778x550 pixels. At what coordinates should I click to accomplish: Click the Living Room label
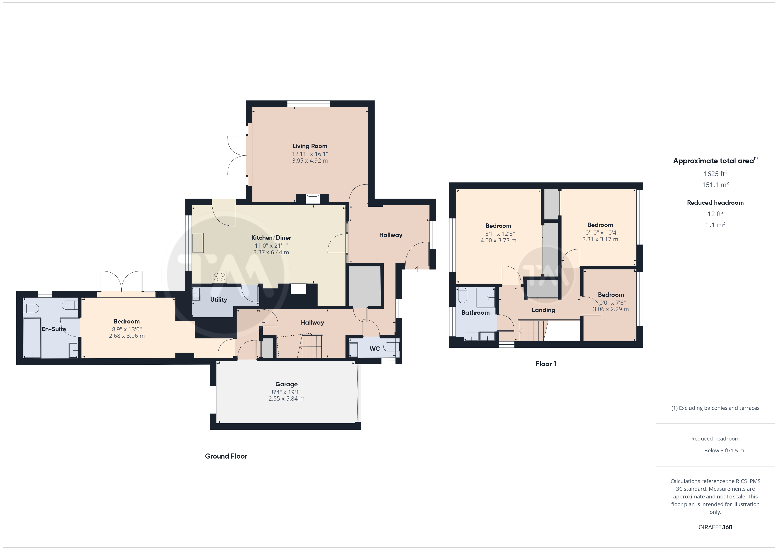click(x=310, y=146)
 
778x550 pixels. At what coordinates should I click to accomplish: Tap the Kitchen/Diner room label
click(x=271, y=238)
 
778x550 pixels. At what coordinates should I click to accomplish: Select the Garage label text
click(x=286, y=384)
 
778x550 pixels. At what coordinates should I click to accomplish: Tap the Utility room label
click(x=219, y=299)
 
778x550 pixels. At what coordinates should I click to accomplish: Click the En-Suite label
click(x=54, y=329)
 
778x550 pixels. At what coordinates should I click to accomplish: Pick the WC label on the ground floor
click(x=374, y=349)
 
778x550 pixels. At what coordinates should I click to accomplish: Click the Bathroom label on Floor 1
click(x=475, y=313)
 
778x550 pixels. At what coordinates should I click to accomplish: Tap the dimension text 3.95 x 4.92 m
click(x=310, y=161)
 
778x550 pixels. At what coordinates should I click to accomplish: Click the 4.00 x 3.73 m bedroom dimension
click(x=498, y=240)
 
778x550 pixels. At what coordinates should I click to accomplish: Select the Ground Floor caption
click(x=226, y=456)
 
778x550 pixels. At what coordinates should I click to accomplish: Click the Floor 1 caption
click(x=546, y=364)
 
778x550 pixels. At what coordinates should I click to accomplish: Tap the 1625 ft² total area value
click(x=715, y=173)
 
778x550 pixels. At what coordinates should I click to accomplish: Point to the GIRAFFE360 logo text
click(x=715, y=527)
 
